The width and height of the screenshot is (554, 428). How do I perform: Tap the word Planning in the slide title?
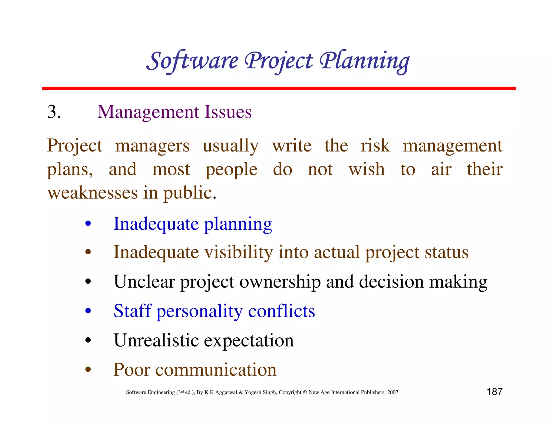pos(364,61)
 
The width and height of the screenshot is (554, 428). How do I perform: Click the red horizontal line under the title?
pos(279,88)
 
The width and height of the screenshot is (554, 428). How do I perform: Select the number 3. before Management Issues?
pos(54,112)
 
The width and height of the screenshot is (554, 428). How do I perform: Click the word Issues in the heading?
pos(228,112)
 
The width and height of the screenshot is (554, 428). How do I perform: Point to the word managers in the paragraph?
pos(152,146)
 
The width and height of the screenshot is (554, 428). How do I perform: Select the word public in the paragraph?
pos(189,193)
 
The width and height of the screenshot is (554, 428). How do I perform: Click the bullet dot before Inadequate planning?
pos(88,224)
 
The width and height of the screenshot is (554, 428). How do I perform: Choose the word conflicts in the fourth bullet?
pos(281,311)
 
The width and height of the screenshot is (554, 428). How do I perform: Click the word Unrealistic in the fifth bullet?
pos(156,340)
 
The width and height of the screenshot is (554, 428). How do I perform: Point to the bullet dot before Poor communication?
pos(88,370)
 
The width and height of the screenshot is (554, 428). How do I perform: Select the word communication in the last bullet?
pos(216,370)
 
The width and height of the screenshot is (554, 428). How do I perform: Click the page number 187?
pos(494,392)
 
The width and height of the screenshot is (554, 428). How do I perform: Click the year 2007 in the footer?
pos(393,392)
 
